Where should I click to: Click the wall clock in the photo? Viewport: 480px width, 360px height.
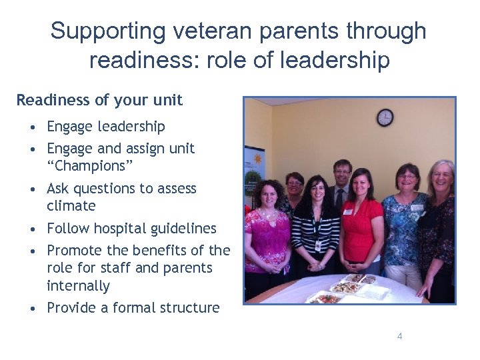385,117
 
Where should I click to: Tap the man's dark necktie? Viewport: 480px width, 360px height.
339,199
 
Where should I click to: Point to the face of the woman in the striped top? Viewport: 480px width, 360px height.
315,188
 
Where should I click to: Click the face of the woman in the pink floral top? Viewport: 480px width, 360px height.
266,193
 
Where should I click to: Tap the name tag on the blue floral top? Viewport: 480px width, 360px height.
416,208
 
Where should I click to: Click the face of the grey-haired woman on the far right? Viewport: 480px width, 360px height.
442,177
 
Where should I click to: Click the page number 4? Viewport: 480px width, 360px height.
399,337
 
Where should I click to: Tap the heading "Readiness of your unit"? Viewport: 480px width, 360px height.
99,100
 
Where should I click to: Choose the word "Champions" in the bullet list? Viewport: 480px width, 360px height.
86,166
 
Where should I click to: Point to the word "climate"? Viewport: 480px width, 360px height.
71,206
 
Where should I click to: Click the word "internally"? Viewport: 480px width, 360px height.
78,286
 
